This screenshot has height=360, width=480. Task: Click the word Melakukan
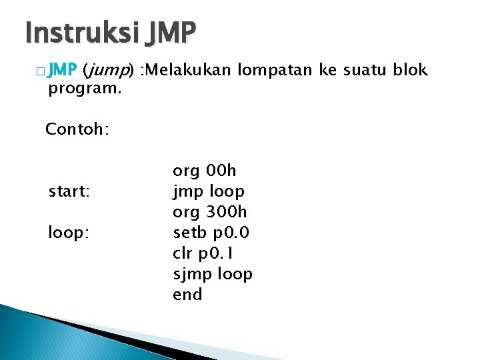(x=191, y=70)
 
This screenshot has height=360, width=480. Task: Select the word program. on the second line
(x=85, y=89)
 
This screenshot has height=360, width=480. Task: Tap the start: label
(x=69, y=192)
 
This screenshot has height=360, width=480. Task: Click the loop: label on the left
(x=69, y=233)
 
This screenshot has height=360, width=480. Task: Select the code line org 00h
(x=204, y=171)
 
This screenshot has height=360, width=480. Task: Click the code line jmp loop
(x=208, y=192)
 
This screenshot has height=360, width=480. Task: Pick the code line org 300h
(x=209, y=212)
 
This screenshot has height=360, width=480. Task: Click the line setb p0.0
(x=211, y=233)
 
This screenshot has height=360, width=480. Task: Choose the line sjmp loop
(x=212, y=274)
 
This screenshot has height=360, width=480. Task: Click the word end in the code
(x=187, y=295)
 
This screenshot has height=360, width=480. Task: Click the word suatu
(x=353, y=70)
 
